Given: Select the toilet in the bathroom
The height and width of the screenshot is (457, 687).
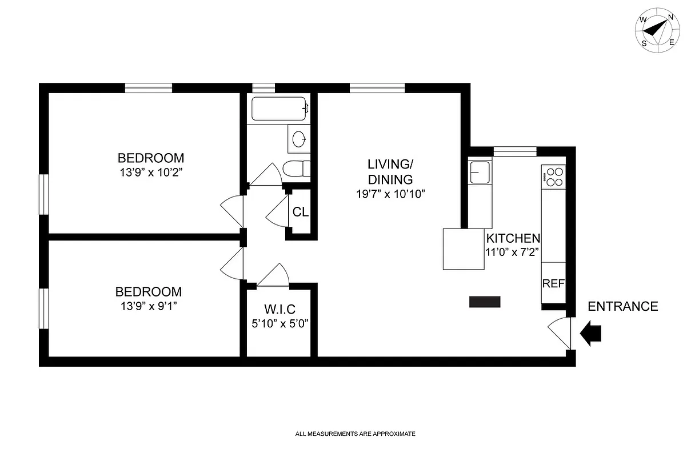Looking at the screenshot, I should coord(297,170).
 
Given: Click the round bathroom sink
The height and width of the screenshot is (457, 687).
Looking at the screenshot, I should coord(299,138).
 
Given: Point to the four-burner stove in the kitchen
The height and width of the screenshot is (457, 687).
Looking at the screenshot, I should coord(553,176).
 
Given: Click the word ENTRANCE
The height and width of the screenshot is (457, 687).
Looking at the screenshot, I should coord(622,307).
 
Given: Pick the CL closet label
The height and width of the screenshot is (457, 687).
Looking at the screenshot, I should coord(301,212).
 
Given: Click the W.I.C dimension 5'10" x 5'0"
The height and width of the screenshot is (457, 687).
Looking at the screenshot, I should coord(279,323).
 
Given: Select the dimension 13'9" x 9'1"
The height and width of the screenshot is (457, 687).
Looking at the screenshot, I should coord(149,306).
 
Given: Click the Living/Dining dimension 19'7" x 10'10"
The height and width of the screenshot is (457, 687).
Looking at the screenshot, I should coord(389,194).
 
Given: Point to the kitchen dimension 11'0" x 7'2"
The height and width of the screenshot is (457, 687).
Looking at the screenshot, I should coord(512,251).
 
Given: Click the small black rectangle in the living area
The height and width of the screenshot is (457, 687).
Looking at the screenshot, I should coord(485,302).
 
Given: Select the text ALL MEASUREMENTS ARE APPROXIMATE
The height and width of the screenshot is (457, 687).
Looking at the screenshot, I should coord(355,434).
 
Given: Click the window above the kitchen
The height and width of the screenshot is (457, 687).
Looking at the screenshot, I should coord(514,151).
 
